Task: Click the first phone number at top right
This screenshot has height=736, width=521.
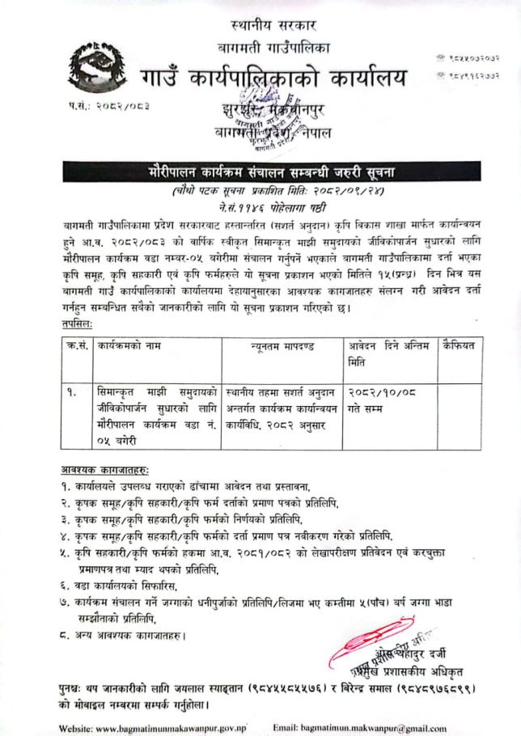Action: click(x=464, y=57)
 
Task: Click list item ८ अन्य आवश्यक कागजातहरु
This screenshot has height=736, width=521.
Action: click(x=129, y=635)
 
